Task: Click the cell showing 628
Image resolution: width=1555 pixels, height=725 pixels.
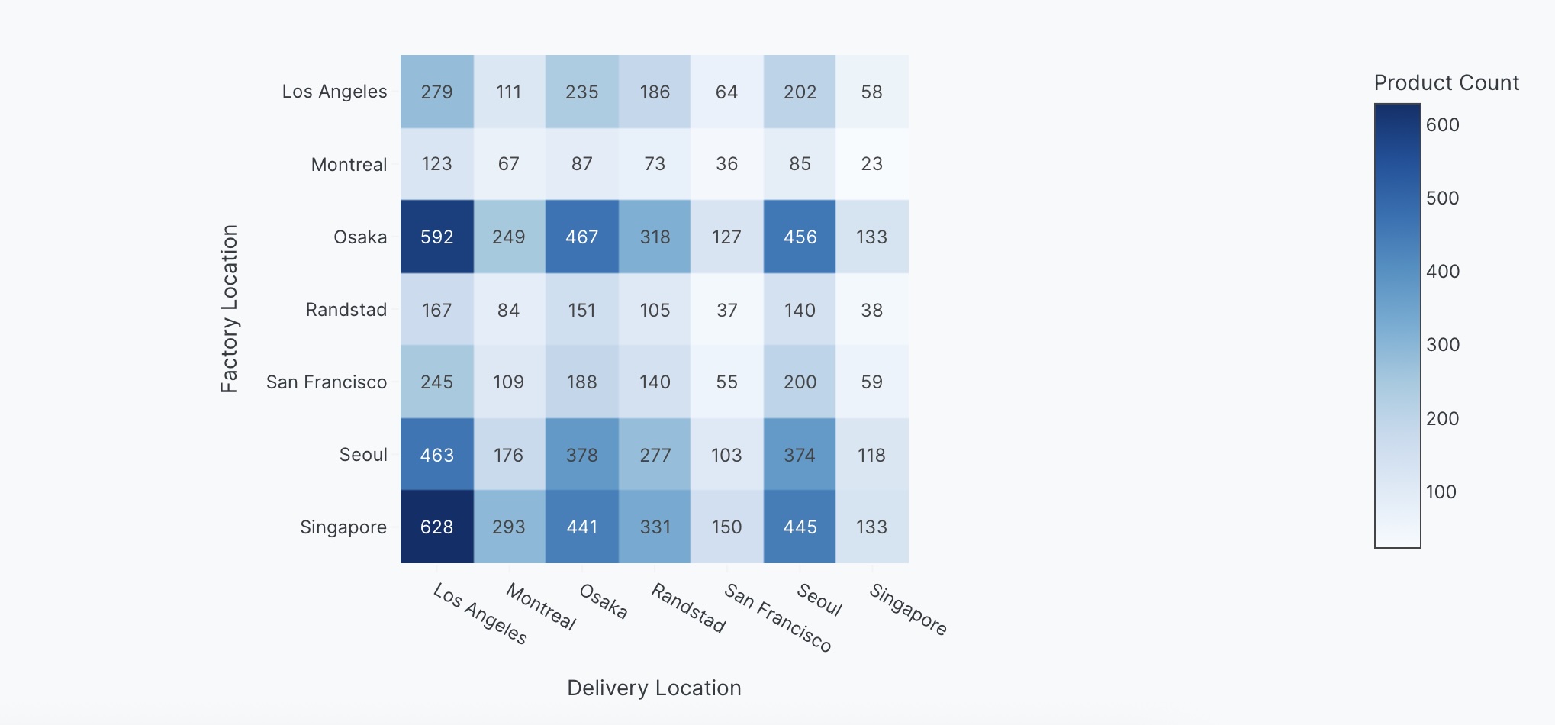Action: (x=436, y=527)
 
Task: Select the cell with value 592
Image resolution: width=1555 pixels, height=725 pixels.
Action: (x=436, y=237)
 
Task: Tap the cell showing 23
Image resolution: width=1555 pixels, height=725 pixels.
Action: (x=871, y=164)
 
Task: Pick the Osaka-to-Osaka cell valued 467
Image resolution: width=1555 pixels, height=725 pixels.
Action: (x=581, y=237)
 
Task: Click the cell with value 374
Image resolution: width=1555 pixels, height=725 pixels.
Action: (x=799, y=455)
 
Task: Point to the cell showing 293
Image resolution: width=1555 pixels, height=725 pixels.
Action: (x=509, y=527)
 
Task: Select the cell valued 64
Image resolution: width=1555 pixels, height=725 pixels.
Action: (x=726, y=92)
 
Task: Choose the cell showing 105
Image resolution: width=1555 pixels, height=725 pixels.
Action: (x=655, y=310)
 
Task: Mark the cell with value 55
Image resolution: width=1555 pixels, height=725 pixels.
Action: (x=726, y=382)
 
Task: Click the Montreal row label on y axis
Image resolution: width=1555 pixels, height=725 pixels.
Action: (x=349, y=165)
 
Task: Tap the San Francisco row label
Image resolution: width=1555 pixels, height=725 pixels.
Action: (x=327, y=382)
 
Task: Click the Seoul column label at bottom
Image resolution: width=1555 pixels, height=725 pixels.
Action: (x=819, y=600)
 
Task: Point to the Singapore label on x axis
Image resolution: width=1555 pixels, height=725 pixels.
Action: (x=908, y=610)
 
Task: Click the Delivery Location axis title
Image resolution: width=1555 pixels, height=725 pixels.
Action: (x=654, y=688)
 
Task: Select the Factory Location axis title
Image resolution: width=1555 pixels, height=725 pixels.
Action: (x=229, y=309)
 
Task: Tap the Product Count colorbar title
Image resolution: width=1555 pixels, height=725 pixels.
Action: (x=1446, y=82)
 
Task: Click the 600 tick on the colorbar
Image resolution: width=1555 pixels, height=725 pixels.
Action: (x=1442, y=125)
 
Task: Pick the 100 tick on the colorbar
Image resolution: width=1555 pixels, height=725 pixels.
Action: (x=1441, y=492)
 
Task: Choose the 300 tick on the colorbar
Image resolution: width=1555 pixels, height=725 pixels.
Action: (x=1442, y=345)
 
